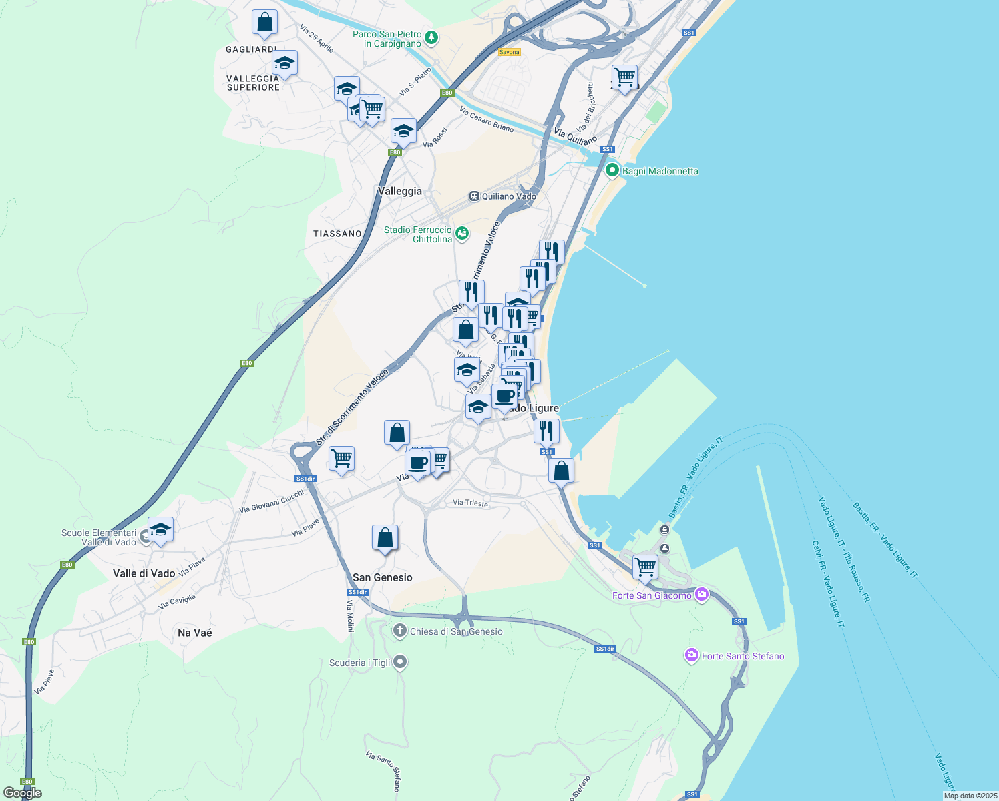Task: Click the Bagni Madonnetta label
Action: (x=660, y=171)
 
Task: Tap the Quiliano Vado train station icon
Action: (x=474, y=196)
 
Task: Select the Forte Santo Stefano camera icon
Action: (x=691, y=656)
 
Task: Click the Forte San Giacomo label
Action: (x=652, y=595)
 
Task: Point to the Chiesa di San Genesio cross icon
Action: (x=399, y=631)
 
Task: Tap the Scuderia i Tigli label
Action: (x=360, y=663)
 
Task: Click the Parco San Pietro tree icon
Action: (x=431, y=37)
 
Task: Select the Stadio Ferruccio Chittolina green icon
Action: (x=462, y=234)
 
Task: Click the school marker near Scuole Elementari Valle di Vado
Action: (x=160, y=530)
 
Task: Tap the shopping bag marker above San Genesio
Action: (x=385, y=538)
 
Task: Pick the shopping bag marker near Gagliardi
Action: (x=264, y=22)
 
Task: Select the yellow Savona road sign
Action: (x=509, y=52)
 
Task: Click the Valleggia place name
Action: (x=400, y=191)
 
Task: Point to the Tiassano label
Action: (x=337, y=234)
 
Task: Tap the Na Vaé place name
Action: (x=195, y=633)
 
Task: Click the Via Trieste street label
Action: (x=471, y=503)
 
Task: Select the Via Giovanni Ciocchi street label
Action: (x=271, y=501)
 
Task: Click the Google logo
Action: (x=23, y=793)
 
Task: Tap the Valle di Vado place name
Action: (x=144, y=573)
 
